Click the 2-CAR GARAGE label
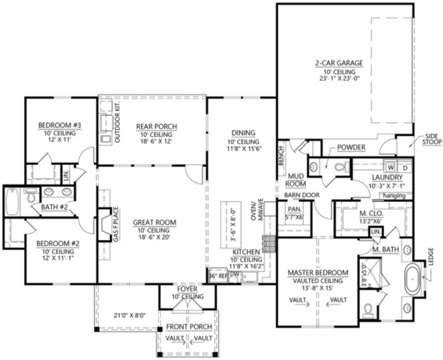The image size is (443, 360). pyautogui.click(x=339, y=63)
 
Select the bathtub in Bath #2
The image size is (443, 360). pyautogui.click(x=12, y=202)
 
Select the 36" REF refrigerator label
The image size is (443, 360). pyautogui.click(x=218, y=275)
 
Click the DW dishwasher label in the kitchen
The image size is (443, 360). pyautogui.click(x=234, y=275)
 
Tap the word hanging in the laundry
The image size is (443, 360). pyautogui.click(x=392, y=194)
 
